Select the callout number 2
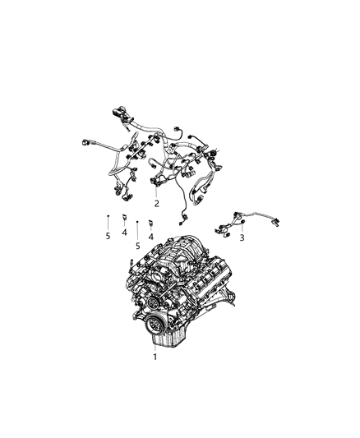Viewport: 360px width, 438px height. click(x=156, y=203)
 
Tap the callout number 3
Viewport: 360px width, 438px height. click(x=242, y=238)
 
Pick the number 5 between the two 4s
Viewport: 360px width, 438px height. click(x=138, y=244)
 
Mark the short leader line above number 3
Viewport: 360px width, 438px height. click(x=242, y=229)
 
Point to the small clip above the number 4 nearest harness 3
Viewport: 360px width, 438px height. click(x=150, y=223)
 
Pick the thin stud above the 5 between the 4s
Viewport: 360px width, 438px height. click(x=137, y=223)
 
